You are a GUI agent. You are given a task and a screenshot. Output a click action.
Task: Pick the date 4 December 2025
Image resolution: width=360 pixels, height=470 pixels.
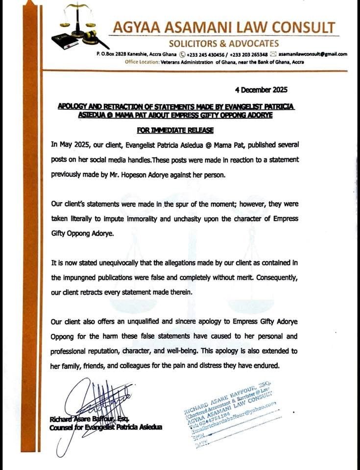(x=261, y=90)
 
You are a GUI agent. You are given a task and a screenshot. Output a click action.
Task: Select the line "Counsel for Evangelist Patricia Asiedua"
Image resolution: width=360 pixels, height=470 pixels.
(x=106, y=428)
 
